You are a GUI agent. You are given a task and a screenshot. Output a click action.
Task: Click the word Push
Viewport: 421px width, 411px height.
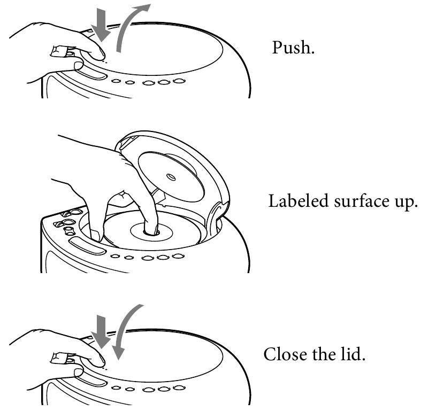coord(293,48)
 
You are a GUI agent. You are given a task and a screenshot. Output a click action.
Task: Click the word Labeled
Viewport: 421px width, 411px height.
coord(298,201)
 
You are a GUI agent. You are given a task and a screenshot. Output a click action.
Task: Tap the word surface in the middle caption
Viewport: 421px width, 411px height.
coord(362,201)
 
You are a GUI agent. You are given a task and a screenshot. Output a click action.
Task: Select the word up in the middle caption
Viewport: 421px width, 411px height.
coord(406,203)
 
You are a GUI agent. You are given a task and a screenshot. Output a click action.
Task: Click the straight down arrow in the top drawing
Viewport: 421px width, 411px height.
coord(101,25)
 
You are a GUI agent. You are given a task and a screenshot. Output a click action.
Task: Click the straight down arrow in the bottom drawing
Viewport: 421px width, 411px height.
coord(101,332)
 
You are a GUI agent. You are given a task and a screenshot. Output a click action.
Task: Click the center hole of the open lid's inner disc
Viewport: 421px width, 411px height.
coord(171,177)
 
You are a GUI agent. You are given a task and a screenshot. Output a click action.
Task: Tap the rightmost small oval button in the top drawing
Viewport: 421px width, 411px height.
coord(179,81)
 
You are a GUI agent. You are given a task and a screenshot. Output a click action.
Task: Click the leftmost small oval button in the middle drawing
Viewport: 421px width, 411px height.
coord(115,256)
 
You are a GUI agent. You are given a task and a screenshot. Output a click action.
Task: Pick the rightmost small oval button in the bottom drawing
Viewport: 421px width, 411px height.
coord(179,387)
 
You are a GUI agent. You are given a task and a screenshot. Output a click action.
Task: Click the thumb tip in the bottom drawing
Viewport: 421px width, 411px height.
coord(79,373)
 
